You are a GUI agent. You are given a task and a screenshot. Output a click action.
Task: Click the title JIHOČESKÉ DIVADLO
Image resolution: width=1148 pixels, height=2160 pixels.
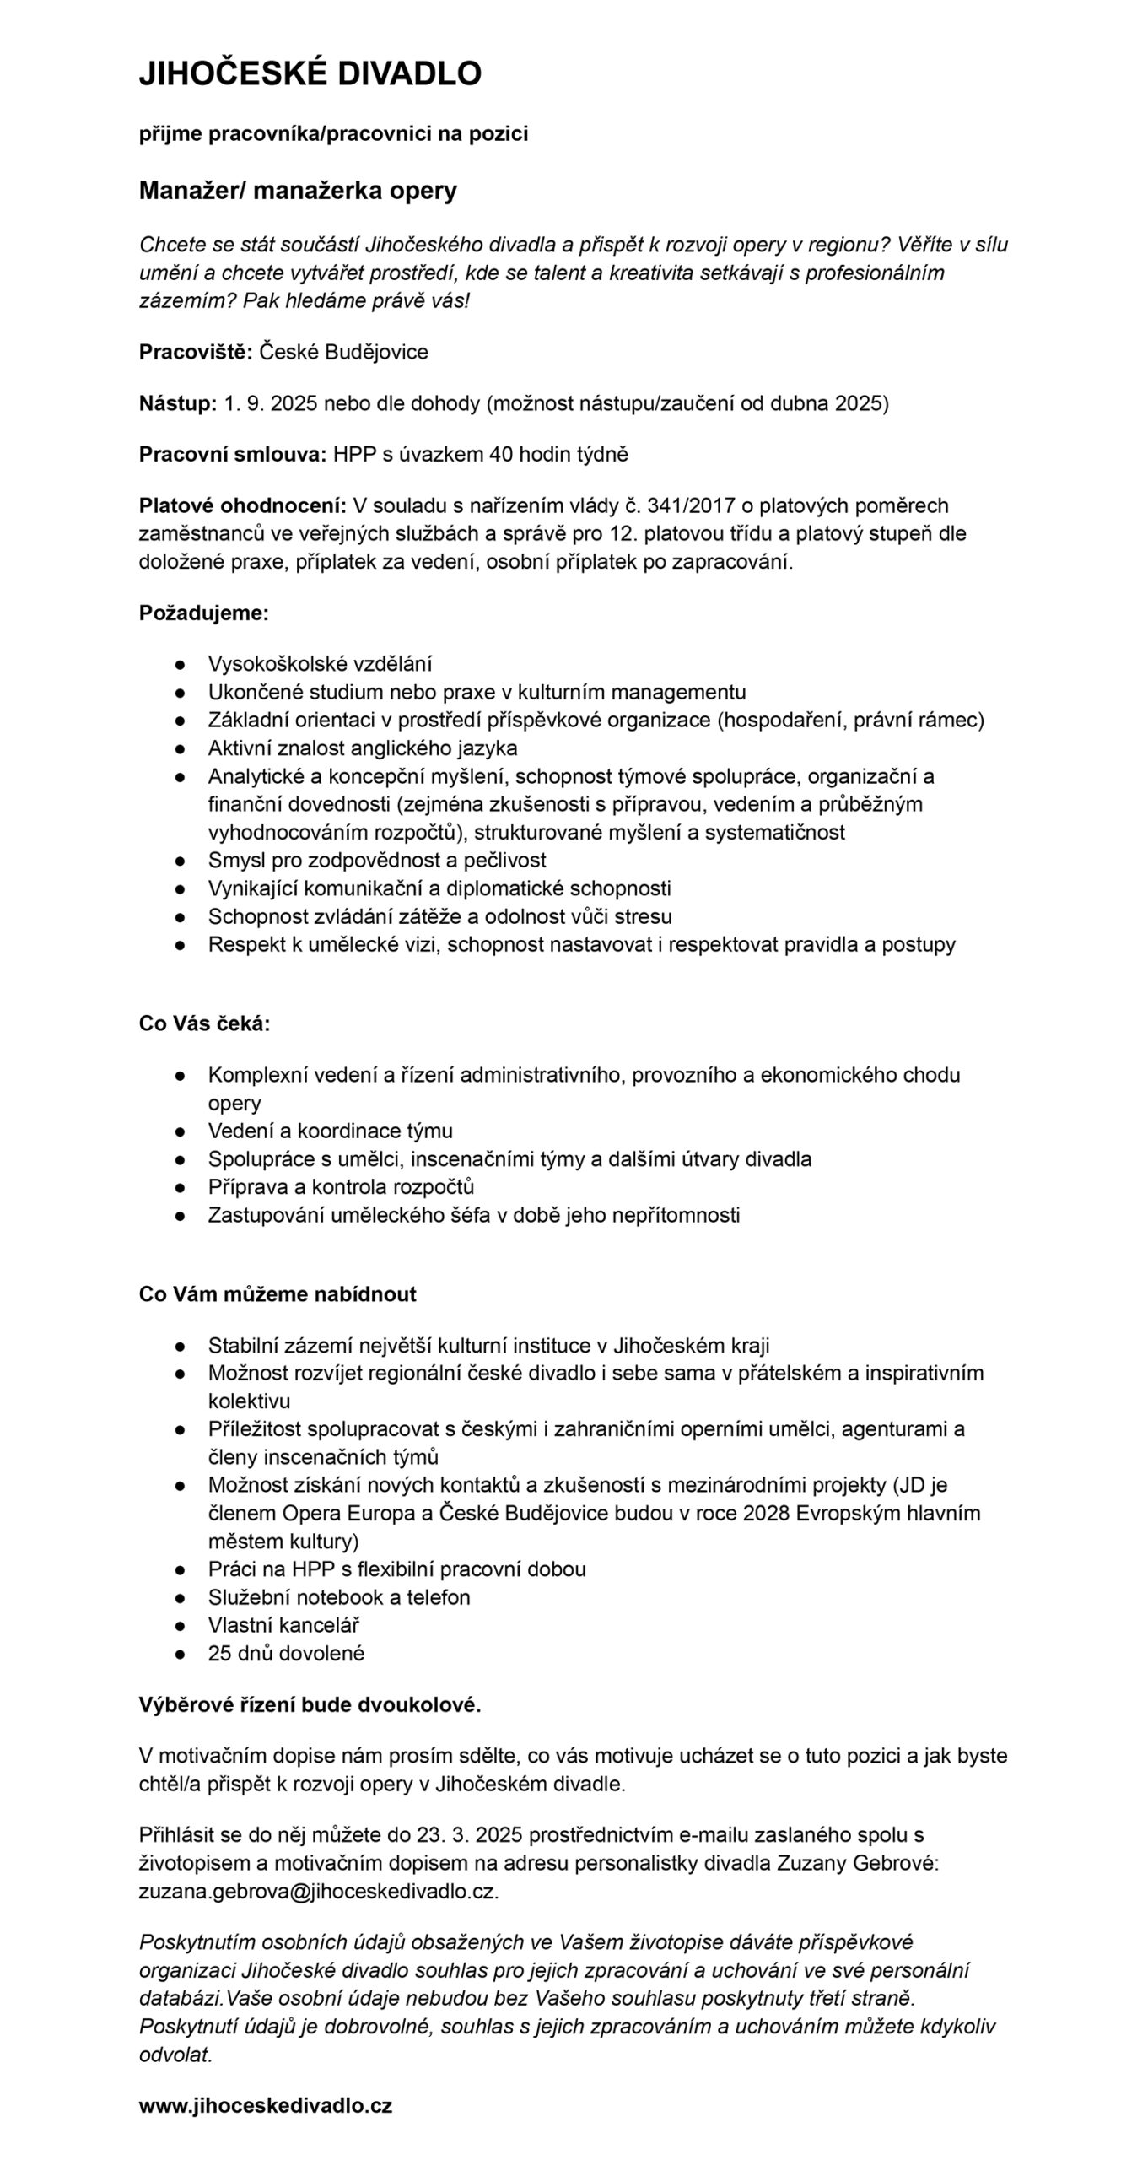[310, 74]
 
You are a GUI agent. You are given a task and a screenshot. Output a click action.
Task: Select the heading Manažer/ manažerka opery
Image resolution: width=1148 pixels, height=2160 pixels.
[298, 191]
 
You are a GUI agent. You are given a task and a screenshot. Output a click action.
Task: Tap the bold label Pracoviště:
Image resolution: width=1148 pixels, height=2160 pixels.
[195, 352]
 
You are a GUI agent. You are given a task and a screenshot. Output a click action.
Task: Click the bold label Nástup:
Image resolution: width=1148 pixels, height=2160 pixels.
[178, 403]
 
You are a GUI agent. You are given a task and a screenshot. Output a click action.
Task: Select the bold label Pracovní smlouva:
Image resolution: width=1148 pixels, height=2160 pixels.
[233, 455]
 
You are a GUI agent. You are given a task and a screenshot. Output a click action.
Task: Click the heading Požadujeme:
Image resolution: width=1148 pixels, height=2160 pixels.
[203, 613]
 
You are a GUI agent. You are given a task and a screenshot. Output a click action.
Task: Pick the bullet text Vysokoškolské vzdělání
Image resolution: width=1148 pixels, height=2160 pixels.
[320, 664]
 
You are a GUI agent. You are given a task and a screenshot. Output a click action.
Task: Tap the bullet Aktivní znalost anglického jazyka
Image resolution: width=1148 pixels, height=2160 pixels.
[363, 748]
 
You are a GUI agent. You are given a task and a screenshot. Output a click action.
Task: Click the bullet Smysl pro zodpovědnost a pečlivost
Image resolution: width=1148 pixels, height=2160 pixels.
[377, 860]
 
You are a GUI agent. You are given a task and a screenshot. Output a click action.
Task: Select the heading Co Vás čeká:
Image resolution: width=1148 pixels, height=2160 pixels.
[204, 1023]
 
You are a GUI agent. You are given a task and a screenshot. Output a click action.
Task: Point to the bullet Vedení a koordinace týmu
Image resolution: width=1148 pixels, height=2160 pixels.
[330, 1131]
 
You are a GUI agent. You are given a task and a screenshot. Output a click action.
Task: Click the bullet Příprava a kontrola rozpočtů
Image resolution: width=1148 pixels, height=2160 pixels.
[341, 1186]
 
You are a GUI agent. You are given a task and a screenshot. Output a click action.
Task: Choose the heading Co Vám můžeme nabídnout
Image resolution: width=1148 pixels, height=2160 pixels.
[278, 1294]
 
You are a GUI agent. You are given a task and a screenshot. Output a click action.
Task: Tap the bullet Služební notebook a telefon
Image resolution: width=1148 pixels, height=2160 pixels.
[339, 1597]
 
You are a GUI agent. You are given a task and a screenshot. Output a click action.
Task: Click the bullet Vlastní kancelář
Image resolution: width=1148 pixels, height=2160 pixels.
[283, 1625]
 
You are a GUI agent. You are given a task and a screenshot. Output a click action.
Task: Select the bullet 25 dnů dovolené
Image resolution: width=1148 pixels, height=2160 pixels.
[286, 1653]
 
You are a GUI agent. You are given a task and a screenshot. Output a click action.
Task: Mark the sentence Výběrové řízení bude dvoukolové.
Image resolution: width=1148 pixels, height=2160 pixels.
[310, 1704]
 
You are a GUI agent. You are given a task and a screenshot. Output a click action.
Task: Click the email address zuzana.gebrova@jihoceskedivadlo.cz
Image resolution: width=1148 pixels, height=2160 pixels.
[319, 1891]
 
